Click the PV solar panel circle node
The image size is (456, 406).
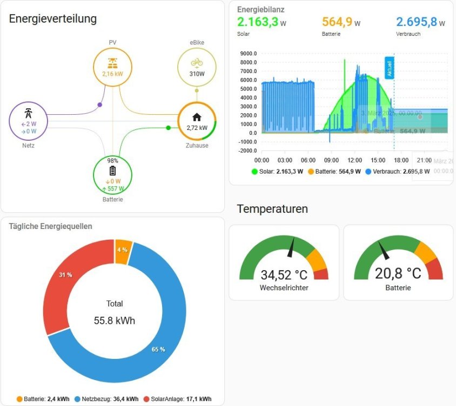click(x=112, y=67)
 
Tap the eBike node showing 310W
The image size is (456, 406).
click(x=197, y=68)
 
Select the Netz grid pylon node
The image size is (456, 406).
click(x=29, y=121)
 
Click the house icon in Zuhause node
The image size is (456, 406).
click(x=197, y=117)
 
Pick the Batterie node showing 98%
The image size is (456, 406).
click(x=112, y=175)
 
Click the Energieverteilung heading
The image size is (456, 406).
click(x=53, y=19)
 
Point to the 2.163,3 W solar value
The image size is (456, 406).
click(x=261, y=22)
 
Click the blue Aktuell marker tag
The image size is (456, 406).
click(x=388, y=68)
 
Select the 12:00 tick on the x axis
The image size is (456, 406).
click(x=355, y=160)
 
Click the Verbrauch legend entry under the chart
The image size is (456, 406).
click(x=397, y=172)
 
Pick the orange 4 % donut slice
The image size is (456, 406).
click(x=123, y=250)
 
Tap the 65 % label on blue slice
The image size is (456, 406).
click(x=158, y=349)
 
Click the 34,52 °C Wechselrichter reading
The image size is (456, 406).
click(x=284, y=275)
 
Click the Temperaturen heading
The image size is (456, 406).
click(x=272, y=209)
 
